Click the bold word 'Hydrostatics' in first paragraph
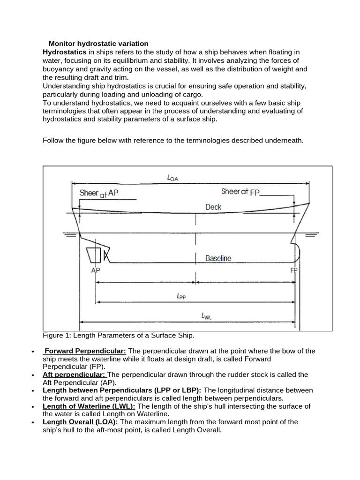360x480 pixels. pyautogui.click(x=64, y=52)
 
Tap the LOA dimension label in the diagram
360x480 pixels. pyautogui.click(x=173, y=177)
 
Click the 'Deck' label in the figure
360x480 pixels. pyautogui.click(x=213, y=207)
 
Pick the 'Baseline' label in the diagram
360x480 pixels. pyautogui.click(x=218, y=258)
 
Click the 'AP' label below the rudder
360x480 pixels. pyautogui.click(x=96, y=270)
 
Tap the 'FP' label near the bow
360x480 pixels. pyautogui.click(x=294, y=270)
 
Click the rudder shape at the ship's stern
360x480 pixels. pyautogui.click(x=94, y=255)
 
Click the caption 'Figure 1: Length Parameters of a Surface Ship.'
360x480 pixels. pyautogui.click(x=118, y=336)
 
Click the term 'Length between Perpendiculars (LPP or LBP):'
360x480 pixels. pyautogui.click(x=122, y=390)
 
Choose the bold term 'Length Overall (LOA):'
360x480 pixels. pyautogui.click(x=80, y=422)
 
